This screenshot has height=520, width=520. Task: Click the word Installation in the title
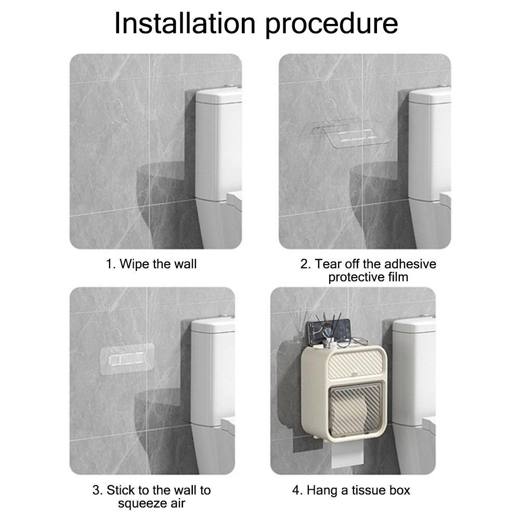tap(185, 23)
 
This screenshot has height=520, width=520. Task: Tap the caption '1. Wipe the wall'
tap(151, 264)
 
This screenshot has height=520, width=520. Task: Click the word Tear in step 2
tap(328, 264)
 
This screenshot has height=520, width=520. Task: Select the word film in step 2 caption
tap(398, 277)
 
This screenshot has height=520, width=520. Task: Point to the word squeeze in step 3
tap(138, 503)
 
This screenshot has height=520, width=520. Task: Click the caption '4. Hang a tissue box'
tap(351, 490)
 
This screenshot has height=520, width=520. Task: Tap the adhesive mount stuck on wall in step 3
tap(127, 360)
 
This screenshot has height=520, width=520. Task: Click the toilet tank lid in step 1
tap(219, 96)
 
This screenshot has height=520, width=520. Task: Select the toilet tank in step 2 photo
tap(430, 144)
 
